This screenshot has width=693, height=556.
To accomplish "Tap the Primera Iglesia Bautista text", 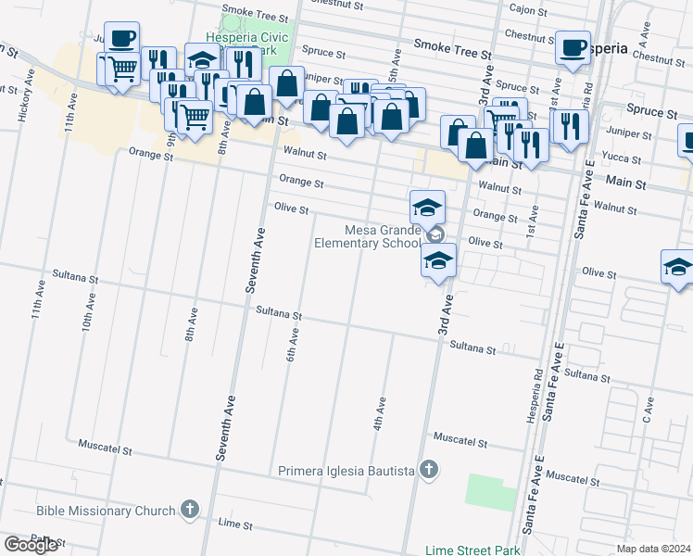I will tap(346, 471).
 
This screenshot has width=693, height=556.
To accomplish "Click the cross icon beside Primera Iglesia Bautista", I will tap(428, 471).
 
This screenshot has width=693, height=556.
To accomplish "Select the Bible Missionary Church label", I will tap(106, 511).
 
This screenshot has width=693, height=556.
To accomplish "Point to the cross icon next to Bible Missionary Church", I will tap(190, 509).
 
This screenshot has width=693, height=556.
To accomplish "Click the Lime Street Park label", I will tap(465, 550).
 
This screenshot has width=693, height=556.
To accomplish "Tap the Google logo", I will tap(31, 545).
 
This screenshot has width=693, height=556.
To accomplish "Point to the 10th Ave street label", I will tap(89, 313).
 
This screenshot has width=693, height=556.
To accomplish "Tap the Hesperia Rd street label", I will tap(535, 397).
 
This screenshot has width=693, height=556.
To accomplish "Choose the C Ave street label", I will tap(649, 411).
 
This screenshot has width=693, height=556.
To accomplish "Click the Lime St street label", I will tap(234, 524).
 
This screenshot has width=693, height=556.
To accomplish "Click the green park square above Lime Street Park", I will tap(491, 492).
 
